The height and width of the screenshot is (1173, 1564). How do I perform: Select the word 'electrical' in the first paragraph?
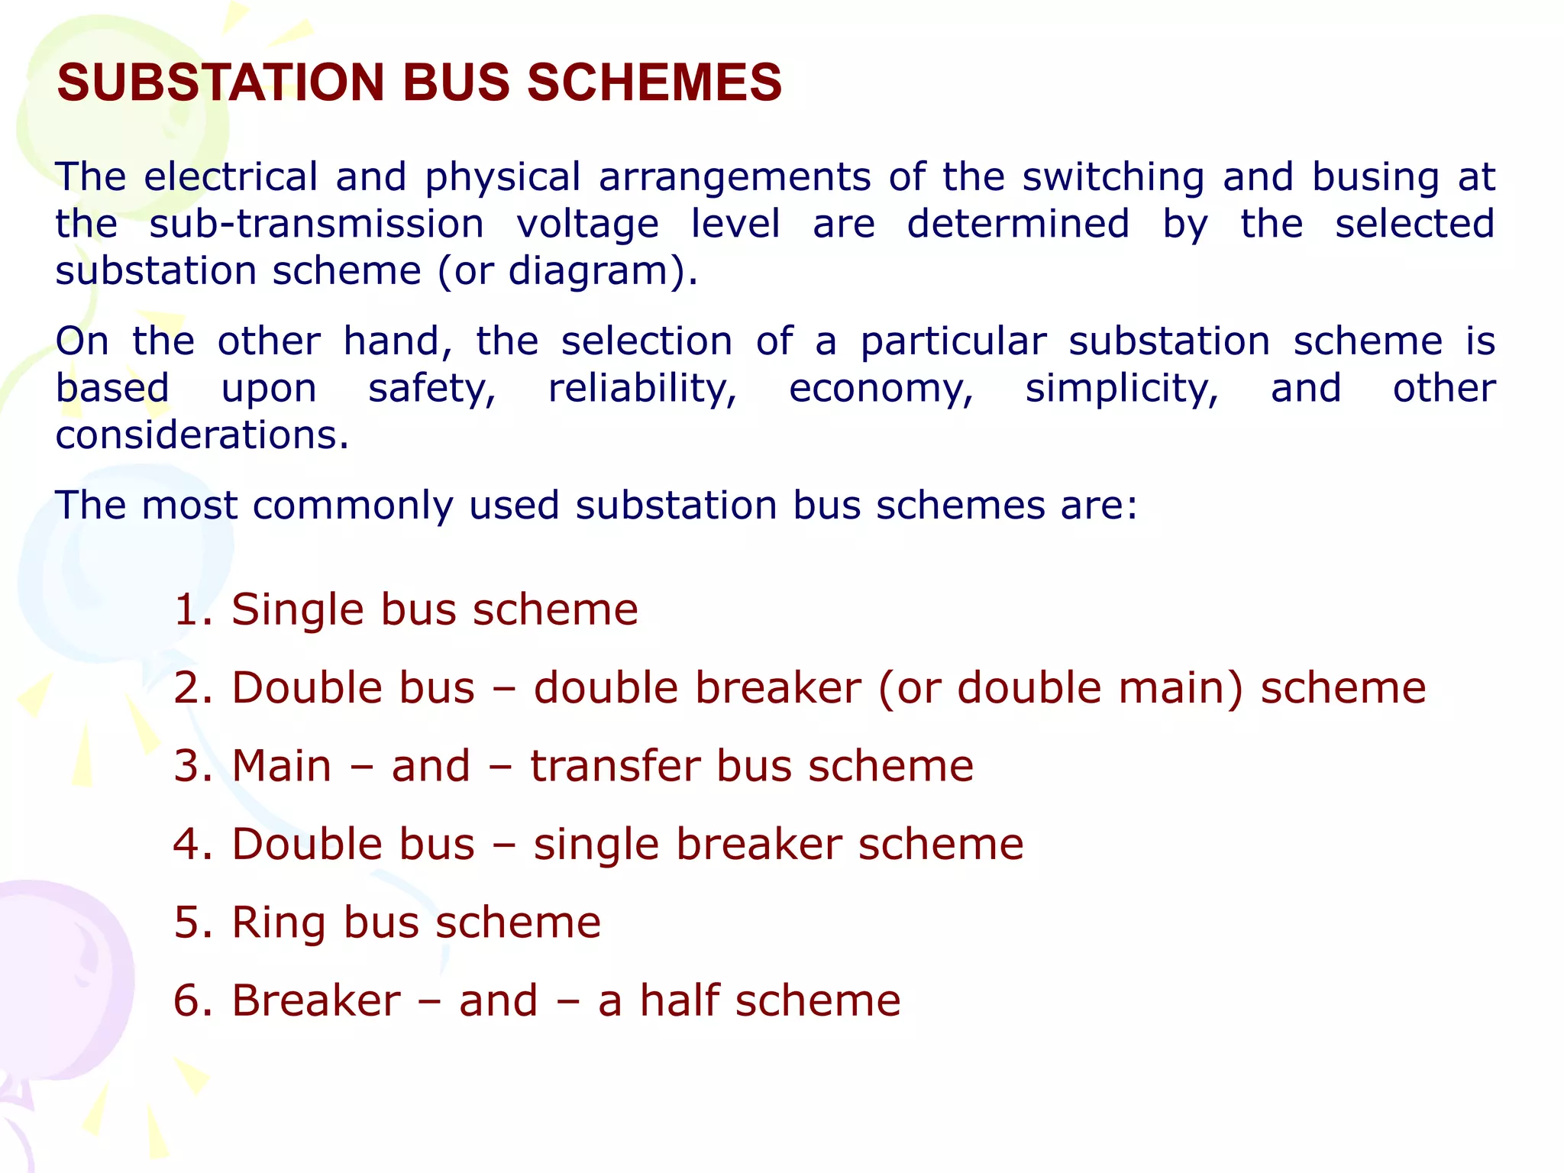pyautogui.click(x=231, y=177)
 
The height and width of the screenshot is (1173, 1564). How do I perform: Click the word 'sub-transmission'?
pyautogui.click(x=316, y=225)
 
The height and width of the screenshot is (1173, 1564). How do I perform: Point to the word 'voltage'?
pyautogui.click(x=587, y=225)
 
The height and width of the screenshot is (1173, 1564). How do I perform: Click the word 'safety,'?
pyautogui.click(x=432, y=389)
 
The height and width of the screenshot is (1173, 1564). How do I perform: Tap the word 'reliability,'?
pyautogui.click(x=642, y=389)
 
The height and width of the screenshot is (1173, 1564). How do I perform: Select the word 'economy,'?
pyautogui.click(x=881, y=389)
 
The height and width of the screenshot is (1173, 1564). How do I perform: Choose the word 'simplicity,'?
pyautogui.click(x=1121, y=389)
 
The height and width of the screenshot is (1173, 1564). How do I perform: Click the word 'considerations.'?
pyautogui.click(x=202, y=435)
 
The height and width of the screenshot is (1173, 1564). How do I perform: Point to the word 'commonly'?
pyautogui.click(x=353, y=506)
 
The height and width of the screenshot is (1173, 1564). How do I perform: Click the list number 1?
pyautogui.click(x=192, y=610)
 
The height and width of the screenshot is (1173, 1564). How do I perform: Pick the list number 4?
pyautogui.click(x=192, y=845)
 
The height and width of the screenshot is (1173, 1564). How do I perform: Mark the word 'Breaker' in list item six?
pyautogui.click(x=316, y=1000)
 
